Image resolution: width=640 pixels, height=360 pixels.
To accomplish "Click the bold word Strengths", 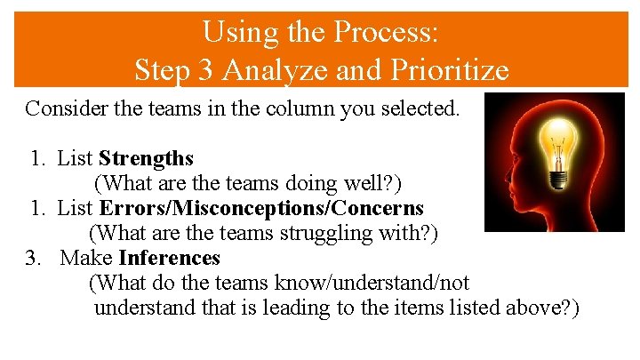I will [146, 158].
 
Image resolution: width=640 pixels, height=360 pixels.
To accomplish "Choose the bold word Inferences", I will [169, 258].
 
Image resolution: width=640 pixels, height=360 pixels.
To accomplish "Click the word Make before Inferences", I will [86, 258].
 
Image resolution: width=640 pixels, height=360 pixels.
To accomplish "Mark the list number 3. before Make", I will [34, 258].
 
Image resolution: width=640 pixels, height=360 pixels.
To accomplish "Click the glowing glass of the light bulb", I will [557, 142].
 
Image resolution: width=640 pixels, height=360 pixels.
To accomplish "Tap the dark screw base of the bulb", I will [557, 177].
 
